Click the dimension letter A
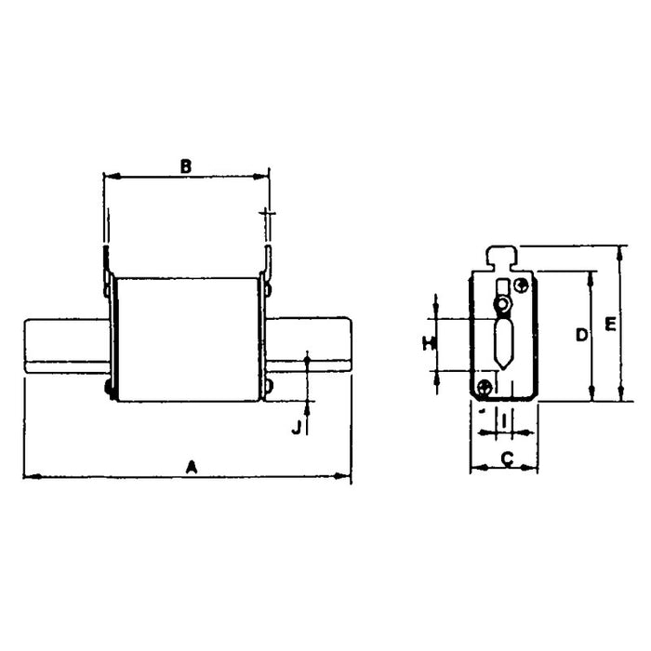192,465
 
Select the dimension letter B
185,166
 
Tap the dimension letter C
507,457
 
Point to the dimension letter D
580,335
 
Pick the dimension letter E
610,324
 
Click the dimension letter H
427,343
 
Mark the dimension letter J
296,427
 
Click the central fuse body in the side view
185,339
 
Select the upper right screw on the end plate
522,286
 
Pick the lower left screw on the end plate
484,387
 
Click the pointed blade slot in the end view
503,342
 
